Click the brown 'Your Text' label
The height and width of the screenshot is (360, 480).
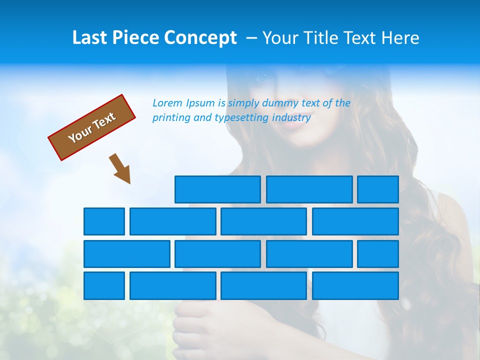point(91,127)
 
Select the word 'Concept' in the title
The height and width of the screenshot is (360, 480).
point(200,38)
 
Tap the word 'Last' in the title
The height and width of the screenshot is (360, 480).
point(90,38)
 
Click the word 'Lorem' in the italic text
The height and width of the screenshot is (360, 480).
point(167,103)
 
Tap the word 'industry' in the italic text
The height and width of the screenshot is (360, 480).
point(291,118)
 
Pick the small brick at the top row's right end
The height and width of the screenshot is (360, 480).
point(378,189)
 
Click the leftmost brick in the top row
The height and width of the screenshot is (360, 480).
point(217,189)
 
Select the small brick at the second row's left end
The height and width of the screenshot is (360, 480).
point(104,221)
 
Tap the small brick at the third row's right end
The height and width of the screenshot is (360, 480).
point(378,254)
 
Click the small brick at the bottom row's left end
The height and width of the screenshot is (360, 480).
point(104,286)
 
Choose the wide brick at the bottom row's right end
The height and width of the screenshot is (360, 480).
point(355,286)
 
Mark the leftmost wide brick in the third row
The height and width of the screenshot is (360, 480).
point(127,254)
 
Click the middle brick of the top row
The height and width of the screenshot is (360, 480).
point(309,189)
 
